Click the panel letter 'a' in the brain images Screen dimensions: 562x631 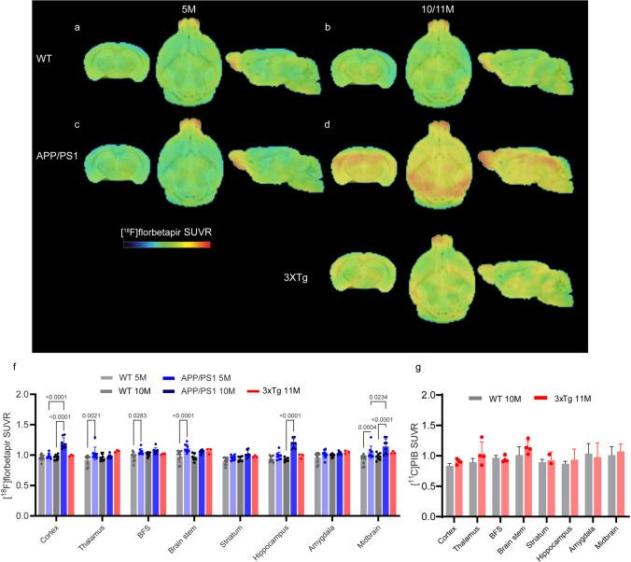pos(77,28)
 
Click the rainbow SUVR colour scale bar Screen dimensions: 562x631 pos(167,244)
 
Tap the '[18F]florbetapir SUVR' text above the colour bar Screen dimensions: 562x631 pos(166,228)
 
